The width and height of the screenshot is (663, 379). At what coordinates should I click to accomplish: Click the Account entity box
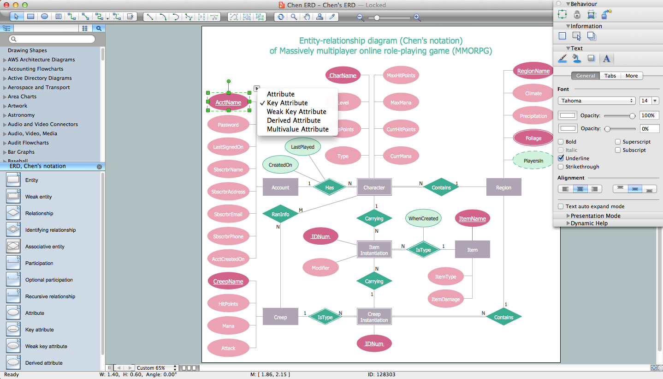pos(280,187)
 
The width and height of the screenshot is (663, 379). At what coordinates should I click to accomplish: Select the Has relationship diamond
pos(329,187)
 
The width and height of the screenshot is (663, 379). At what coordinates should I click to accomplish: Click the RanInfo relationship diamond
pos(280,214)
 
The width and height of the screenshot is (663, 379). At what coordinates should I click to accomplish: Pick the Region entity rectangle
pos(503,187)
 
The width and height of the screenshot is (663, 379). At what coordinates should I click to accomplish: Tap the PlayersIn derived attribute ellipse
pos(533,161)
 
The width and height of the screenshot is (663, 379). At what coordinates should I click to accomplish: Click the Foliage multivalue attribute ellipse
pos(533,138)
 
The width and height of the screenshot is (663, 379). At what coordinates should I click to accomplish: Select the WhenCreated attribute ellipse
pos(423,218)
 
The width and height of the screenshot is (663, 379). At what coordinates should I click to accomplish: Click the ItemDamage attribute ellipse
pos(445,299)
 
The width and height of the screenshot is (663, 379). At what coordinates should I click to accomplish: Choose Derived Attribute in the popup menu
pos(294,120)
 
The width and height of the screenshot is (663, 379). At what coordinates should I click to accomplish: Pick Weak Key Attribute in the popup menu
pos(296,112)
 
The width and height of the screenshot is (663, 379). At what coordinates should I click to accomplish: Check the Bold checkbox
pos(561,142)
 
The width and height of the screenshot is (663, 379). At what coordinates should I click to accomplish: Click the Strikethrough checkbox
pos(561,167)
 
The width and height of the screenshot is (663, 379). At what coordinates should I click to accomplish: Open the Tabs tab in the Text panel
pos(610,76)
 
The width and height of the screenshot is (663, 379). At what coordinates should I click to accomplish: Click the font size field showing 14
pos(645,101)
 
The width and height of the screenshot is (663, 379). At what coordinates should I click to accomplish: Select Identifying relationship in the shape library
pos(50,230)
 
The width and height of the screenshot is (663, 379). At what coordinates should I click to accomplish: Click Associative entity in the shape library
pos(45,247)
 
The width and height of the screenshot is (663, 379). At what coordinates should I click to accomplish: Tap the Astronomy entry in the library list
pos(21,115)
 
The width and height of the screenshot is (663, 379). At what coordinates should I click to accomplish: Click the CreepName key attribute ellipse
pos(228,281)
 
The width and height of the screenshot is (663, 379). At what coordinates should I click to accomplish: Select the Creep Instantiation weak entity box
pos(374,317)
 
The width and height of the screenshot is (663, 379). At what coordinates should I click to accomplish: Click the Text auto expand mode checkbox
pos(561,206)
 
